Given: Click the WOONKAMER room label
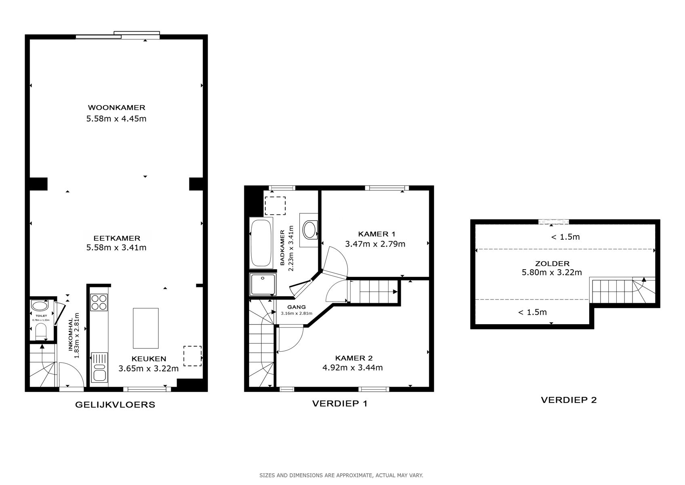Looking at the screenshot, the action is [116, 108].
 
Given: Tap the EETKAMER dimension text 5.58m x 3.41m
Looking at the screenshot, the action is [116, 247].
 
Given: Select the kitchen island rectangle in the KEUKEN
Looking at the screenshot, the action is [145, 328].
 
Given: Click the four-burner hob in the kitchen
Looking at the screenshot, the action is [99, 302].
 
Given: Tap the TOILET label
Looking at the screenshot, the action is [41, 316].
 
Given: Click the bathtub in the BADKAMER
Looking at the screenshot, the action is [261, 243].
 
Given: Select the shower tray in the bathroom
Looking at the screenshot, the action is [263, 284].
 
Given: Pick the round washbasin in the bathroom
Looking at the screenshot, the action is [309, 230].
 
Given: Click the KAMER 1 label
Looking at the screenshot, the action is [376, 234].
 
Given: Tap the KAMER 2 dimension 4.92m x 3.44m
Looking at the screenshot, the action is [352, 367].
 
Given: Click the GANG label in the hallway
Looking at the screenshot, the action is [296, 307].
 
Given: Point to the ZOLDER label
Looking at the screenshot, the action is [552, 264].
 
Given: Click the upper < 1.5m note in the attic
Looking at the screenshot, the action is [565, 237].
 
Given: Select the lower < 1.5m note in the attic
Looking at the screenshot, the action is [532, 312].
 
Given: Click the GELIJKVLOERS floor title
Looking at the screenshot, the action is [115, 405].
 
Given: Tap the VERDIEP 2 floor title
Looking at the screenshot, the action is [569, 400].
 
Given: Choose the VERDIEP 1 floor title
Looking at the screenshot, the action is [339, 403].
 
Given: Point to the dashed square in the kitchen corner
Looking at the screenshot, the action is [192, 356].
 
